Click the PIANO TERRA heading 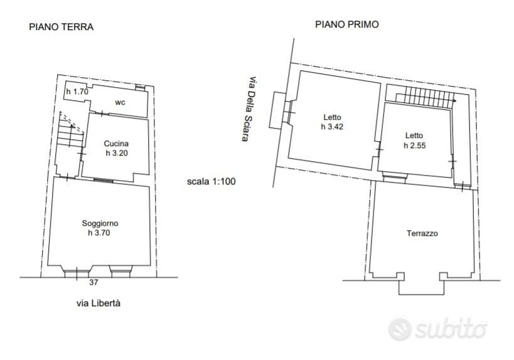(62, 26)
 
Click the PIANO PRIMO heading (347, 24)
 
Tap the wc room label (120, 102)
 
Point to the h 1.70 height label (77, 92)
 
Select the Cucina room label (116, 144)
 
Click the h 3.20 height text (117, 153)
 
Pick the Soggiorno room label (100, 224)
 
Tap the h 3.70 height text (99, 233)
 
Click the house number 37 (94, 282)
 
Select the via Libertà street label (99, 304)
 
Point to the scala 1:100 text (211, 181)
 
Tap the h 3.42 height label (332, 127)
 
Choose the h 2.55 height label (415, 146)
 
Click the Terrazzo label (422, 233)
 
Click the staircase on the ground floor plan (70, 131)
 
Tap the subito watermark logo (438, 329)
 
